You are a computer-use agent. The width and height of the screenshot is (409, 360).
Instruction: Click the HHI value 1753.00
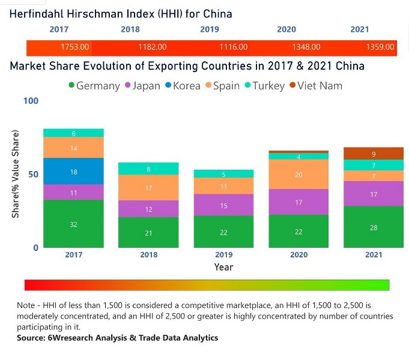point(75,47)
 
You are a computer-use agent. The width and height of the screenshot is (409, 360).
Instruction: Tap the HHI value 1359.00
point(380,47)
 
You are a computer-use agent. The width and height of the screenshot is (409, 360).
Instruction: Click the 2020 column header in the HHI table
point(286,29)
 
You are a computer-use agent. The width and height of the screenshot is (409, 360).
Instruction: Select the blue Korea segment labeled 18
point(74,172)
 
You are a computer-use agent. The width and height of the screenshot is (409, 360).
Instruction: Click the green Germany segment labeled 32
point(74,224)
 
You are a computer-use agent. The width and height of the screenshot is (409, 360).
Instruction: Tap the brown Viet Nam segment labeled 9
point(374,154)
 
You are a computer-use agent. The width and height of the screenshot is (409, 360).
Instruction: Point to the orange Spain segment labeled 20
point(298,174)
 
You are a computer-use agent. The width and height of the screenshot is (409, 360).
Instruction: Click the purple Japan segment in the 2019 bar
point(223,205)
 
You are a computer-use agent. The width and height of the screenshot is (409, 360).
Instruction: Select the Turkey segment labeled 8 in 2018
point(148,169)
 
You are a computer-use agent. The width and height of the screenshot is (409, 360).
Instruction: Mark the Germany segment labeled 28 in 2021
point(374,227)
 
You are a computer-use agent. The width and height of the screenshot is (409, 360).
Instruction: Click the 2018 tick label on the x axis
point(148,255)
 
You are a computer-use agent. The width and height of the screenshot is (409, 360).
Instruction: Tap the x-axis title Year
point(223,267)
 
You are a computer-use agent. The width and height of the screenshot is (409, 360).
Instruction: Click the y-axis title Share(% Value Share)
point(16,174)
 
